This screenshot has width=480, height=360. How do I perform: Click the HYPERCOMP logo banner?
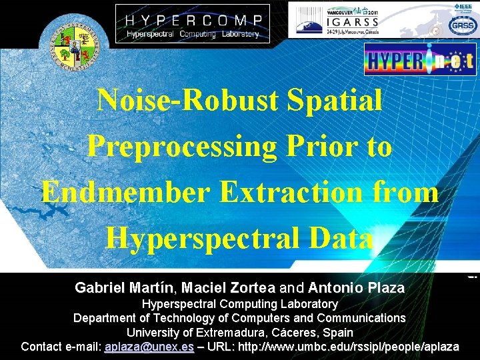point(193,23)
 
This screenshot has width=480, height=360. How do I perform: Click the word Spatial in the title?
point(335,100)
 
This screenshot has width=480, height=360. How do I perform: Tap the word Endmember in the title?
point(125,192)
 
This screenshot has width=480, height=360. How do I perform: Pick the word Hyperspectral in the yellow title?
point(205,238)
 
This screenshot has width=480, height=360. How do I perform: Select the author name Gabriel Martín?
point(123,288)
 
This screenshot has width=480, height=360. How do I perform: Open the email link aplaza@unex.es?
point(149,347)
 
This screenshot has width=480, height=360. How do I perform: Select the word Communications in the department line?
point(361,317)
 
